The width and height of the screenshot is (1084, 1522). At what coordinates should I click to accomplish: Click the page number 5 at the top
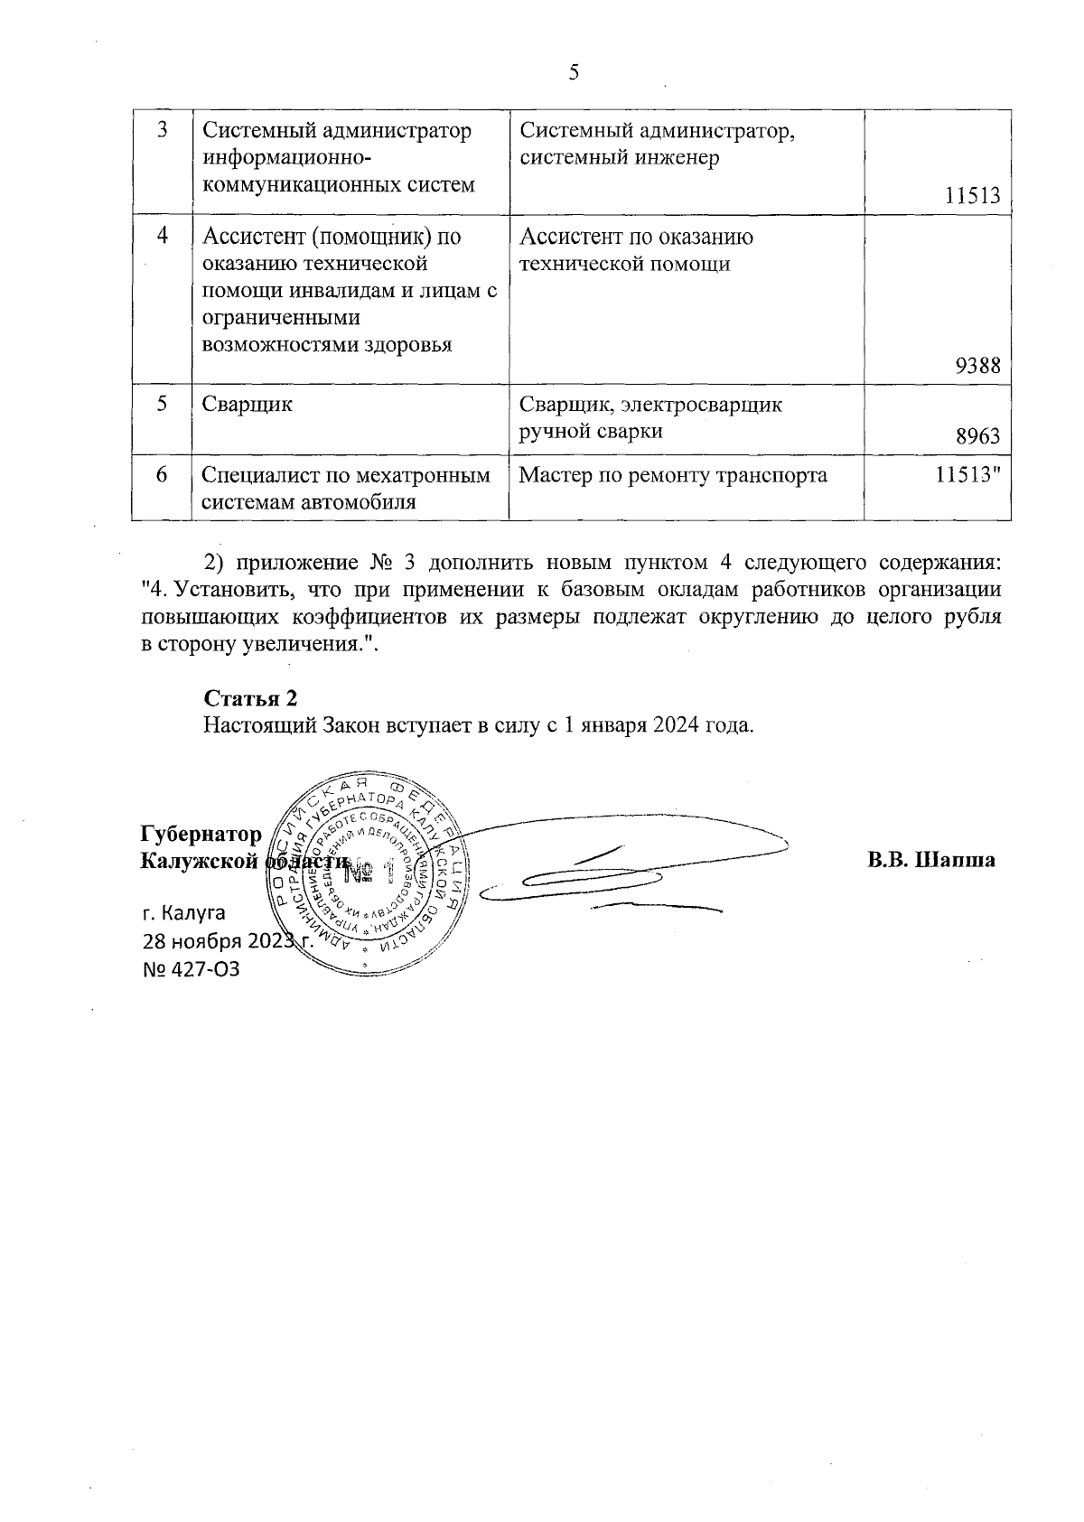coord(574,73)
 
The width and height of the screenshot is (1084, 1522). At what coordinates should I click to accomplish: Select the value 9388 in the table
coord(978,366)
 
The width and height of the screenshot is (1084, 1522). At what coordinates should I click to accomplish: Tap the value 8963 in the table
coord(978,437)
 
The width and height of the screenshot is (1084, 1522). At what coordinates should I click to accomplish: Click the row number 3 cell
coord(162,130)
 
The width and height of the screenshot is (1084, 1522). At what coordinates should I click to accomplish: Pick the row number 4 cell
coord(162,236)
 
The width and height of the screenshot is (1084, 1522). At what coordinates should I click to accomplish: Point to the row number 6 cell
coord(162,474)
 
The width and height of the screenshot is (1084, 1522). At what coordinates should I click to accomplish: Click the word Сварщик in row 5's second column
coord(248,404)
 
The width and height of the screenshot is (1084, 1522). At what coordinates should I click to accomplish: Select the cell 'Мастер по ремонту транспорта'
coord(673,475)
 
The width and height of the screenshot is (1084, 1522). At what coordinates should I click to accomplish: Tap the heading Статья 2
coord(251,698)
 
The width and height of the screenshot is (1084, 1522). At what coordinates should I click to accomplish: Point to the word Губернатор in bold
coord(201,834)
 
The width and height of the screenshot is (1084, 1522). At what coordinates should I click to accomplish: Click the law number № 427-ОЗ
coord(192,969)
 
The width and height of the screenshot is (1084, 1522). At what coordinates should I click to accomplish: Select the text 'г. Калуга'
coord(184,912)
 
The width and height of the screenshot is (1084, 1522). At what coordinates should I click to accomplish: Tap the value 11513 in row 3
coord(973,195)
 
